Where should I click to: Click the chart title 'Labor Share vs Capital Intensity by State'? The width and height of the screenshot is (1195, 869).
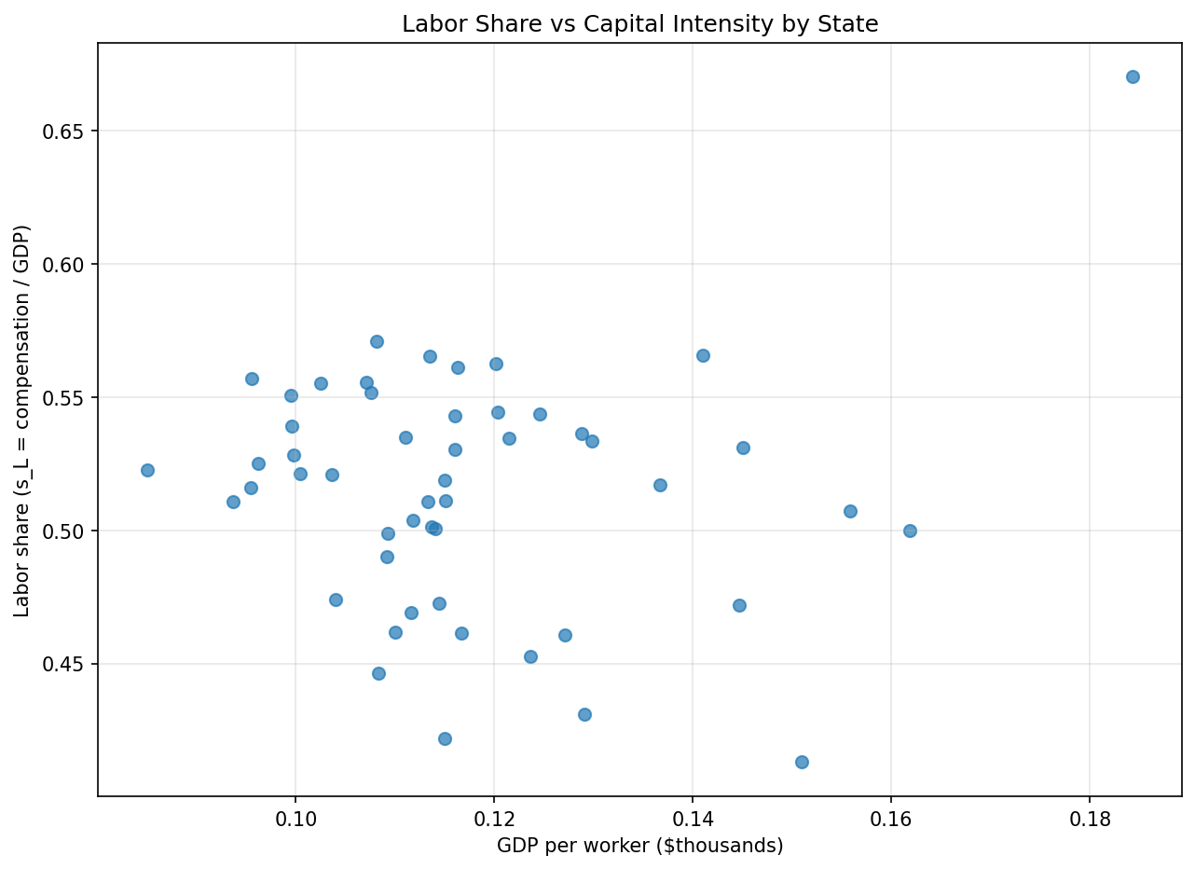[639, 24]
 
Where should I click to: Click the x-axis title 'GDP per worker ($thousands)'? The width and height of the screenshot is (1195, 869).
[639, 846]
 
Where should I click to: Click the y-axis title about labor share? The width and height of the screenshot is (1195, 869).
[22, 421]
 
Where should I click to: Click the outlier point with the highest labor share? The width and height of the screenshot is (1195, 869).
[1133, 76]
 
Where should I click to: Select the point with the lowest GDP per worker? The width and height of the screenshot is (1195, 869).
[147, 470]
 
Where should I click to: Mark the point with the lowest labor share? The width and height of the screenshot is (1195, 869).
[802, 762]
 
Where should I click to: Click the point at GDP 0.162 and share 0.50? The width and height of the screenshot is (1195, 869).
[910, 531]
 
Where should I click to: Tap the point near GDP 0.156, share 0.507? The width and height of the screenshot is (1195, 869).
[850, 511]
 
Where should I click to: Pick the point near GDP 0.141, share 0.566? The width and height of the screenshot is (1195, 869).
[703, 355]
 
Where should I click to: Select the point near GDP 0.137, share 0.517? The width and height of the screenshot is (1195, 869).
[660, 485]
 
